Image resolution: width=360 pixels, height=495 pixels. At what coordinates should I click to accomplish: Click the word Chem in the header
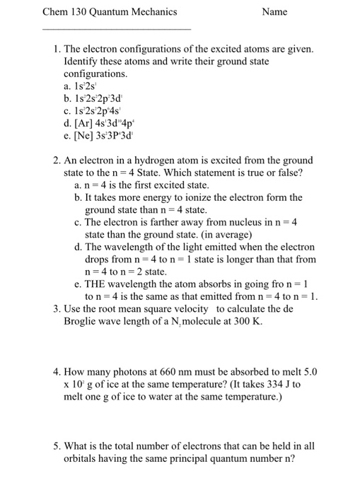tap(56, 12)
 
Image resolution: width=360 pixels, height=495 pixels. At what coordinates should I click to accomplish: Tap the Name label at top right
tap(274, 12)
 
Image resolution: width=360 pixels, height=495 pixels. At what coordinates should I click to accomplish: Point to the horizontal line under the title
tap(117, 29)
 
